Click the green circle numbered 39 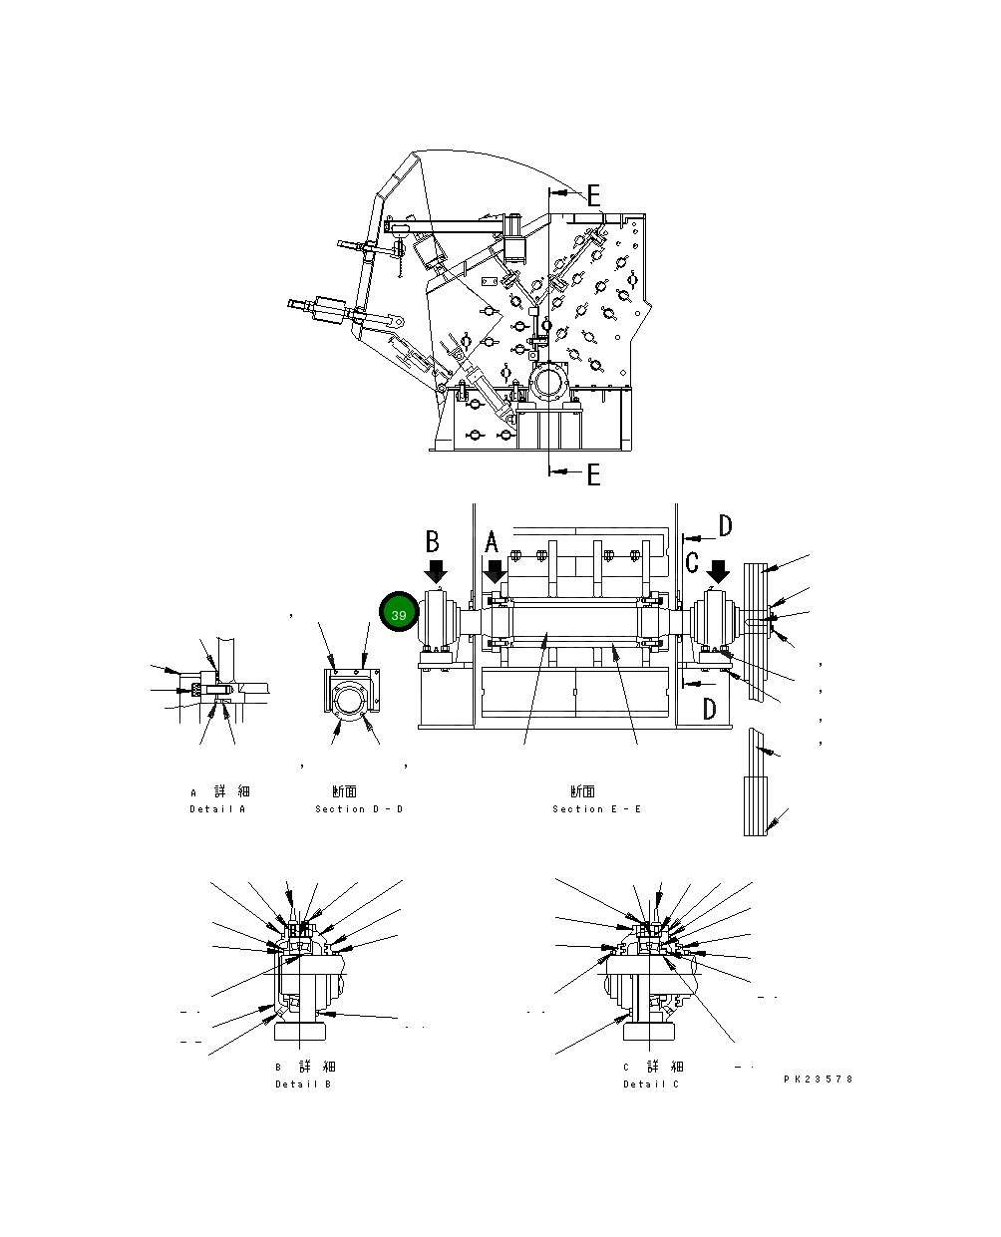(399, 615)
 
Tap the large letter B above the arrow (433, 541)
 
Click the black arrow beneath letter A (495, 572)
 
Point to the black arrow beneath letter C (718, 572)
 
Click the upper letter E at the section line (593, 195)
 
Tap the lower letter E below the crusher (593, 474)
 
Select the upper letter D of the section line (725, 526)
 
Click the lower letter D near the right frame (709, 709)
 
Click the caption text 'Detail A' (217, 809)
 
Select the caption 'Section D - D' (359, 809)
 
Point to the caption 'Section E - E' (597, 809)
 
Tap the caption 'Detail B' (303, 1084)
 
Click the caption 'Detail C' (651, 1084)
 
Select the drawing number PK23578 (819, 1079)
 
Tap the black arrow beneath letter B (436, 572)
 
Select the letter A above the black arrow (491, 543)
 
